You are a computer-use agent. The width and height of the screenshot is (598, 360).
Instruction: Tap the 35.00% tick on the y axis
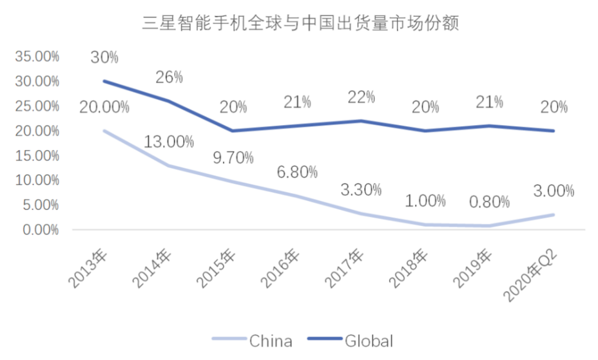[x=37, y=56]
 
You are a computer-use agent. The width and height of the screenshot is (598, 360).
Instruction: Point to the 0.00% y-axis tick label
[x=40, y=230]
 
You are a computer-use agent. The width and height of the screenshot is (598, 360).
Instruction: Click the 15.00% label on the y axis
[x=37, y=155]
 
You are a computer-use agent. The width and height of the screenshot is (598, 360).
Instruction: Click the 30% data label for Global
[x=104, y=57]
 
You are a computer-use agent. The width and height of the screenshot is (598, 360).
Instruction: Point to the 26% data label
[x=169, y=77]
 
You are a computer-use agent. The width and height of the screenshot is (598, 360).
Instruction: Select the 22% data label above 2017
[x=361, y=97]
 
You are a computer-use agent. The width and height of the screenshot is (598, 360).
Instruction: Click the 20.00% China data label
[x=104, y=108]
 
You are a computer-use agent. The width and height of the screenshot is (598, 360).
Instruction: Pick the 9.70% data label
[x=232, y=158]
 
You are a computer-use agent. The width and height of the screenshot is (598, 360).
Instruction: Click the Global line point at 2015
[x=232, y=131]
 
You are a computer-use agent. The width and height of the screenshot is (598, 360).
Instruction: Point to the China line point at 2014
[x=169, y=166]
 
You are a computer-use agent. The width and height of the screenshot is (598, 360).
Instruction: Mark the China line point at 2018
[x=425, y=225]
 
